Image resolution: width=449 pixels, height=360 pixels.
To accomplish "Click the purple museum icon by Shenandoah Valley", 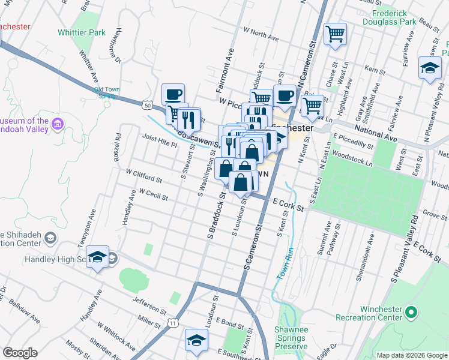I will pyautogui.click(x=58, y=124).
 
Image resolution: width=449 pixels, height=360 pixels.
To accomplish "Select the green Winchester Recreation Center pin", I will pyautogui.click(x=411, y=312).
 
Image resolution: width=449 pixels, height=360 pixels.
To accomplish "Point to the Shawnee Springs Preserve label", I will pyautogui.click(x=291, y=338).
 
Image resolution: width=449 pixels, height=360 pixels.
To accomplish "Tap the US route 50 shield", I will pyautogui.click(x=148, y=105).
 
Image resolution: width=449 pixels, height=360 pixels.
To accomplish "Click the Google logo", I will pyautogui.click(x=20, y=353).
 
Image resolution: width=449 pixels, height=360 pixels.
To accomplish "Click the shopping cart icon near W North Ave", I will pyautogui.click(x=335, y=34).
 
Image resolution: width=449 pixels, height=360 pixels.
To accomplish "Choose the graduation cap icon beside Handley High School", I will pyautogui.click(x=97, y=257).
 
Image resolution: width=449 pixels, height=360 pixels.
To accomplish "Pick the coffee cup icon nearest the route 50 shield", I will pyautogui.click(x=173, y=94).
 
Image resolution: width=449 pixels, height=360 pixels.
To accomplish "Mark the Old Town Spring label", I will pyautogui.click(x=107, y=93).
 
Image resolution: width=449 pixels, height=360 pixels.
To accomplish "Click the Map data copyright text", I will pyautogui.click(x=411, y=355).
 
